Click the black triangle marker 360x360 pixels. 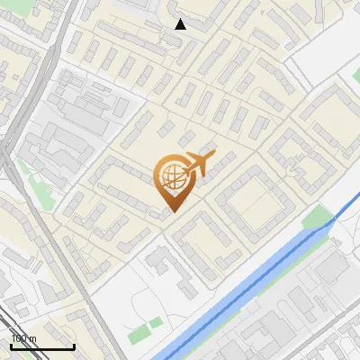click(x=180, y=24)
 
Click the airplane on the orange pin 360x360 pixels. click(x=198, y=164)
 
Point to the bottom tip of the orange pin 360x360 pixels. click(x=171, y=212)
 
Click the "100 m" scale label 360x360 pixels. click(x=24, y=338)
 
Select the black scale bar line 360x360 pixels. click(x=42, y=346)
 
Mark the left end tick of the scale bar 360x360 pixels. click(x=11, y=344)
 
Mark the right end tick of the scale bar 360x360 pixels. click(x=74, y=344)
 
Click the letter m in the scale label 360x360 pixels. click(x=33, y=338)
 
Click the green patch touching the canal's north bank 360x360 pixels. click(x=316, y=217)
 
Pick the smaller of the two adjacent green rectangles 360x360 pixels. click(x=157, y=321)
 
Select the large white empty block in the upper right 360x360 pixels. click(x=328, y=45)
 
